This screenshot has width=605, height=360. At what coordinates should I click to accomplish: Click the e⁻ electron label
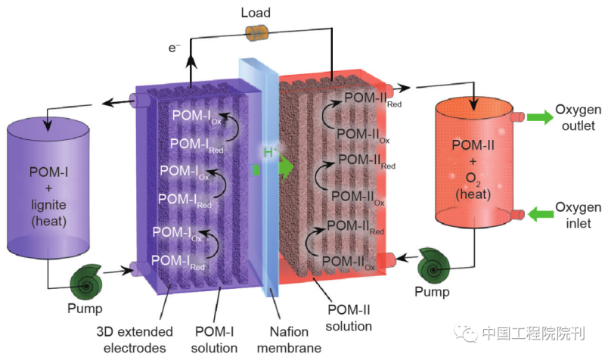175,48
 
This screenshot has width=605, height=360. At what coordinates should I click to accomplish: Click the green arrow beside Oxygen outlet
540,117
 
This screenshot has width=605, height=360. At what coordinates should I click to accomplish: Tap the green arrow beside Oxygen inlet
540,215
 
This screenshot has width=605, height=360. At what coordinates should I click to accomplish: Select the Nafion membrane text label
295,340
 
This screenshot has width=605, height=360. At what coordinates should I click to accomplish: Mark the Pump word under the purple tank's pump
84,308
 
